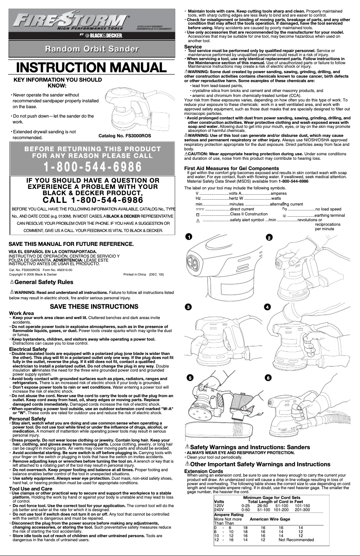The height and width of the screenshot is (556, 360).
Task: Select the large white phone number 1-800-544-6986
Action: (x=93, y=166)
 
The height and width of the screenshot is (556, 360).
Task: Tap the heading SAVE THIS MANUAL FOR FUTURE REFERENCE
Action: (x=71, y=244)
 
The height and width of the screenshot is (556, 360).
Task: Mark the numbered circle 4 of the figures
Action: (x=268, y=306)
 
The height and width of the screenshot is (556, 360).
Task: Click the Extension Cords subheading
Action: (x=203, y=471)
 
